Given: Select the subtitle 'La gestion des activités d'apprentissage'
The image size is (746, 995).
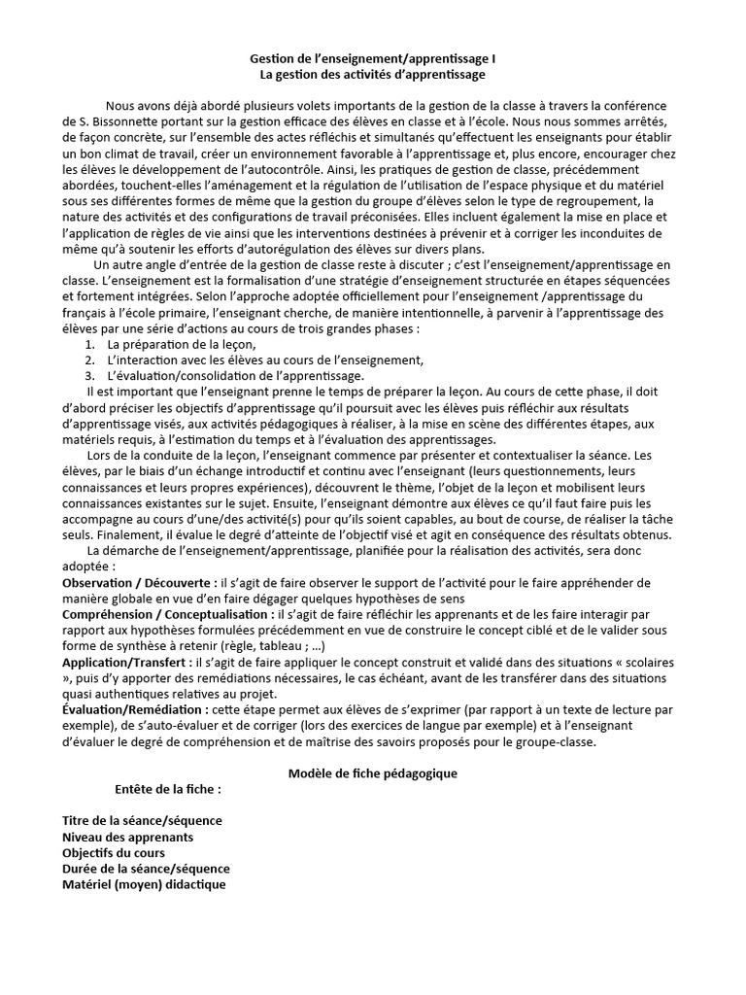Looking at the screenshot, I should click(373, 74).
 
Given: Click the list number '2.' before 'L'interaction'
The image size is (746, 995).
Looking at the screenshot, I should click(89, 360).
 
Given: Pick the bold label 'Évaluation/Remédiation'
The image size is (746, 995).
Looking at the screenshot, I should click(135, 710).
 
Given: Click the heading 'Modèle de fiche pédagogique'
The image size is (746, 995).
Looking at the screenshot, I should click(373, 773).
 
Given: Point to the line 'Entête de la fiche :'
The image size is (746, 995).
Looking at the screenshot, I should click(167, 789).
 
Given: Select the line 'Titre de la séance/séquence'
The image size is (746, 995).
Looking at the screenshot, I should click(142, 821).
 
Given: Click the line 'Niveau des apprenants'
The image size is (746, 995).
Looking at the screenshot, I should click(127, 837).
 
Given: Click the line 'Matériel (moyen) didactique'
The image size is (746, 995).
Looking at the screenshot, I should click(144, 885).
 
